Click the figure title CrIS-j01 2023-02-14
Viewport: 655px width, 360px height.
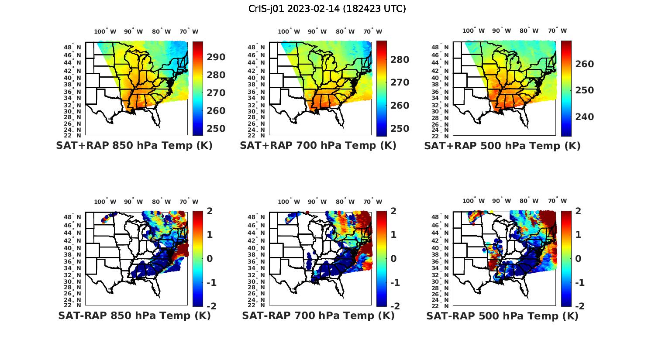(x=327, y=9)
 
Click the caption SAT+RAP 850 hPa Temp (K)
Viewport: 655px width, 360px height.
(x=134, y=145)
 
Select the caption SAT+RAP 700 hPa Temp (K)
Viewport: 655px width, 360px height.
(x=318, y=145)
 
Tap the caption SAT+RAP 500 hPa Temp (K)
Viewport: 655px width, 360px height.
(x=502, y=146)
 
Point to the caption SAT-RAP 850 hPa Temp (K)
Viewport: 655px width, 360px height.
(x=134, y=315)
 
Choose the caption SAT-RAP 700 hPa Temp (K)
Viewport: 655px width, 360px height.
(x=318, y=315)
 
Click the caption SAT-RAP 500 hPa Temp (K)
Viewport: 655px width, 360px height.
(x=502, y=316)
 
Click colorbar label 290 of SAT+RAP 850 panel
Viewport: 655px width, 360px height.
(x=216, y=57)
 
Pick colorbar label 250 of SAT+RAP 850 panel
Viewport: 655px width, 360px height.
(x=216, y=129)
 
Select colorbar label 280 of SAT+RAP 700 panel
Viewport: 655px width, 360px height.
(x=400, y=60)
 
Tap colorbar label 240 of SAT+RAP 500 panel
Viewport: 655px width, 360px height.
(x=584, y=117)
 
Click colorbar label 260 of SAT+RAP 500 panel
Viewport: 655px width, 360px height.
(x=584, y=64)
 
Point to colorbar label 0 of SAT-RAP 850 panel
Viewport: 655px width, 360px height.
(x=210, y=258)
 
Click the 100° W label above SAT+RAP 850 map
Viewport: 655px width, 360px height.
(x=105, y=31)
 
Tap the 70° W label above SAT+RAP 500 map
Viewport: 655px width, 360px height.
(x=558, y=31)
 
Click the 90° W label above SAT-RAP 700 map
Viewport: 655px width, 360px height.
(x=317, y=202)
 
